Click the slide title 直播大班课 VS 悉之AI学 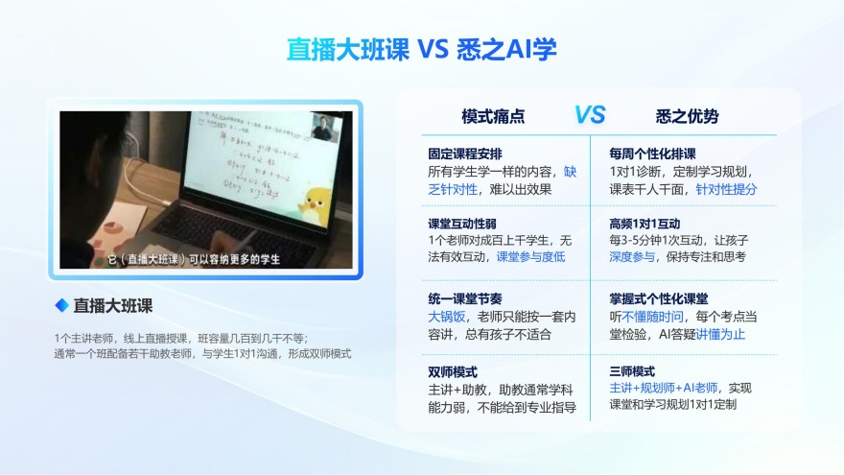coord(422,49)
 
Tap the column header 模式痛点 coord(493,116)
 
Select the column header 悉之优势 coord(687,116)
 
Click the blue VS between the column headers coord(590,115)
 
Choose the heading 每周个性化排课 coord(652,154)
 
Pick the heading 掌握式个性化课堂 coord(659,298)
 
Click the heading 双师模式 coord(453,371)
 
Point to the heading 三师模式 coord(632,371)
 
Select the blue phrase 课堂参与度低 coord(530,257)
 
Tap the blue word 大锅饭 coord(446,316)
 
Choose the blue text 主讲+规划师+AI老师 coord(663,388)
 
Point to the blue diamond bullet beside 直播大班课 coord(62,305)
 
